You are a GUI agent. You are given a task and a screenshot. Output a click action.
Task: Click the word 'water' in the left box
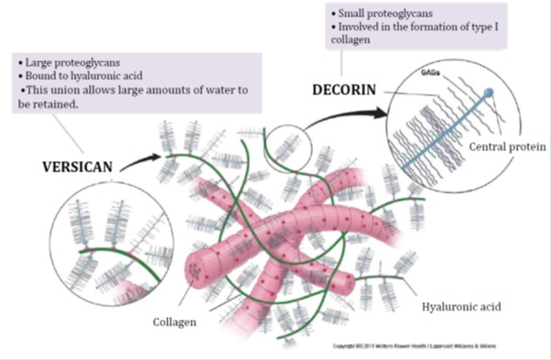tap(232, 92)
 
